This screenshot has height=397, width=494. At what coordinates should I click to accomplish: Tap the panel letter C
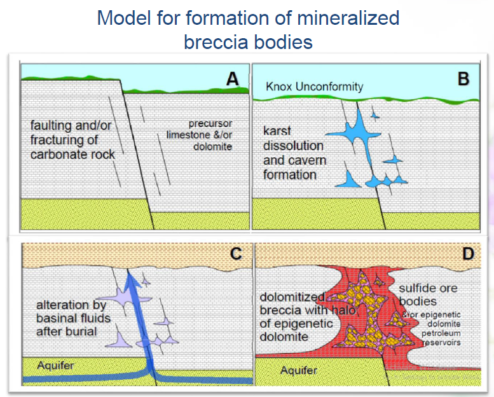pyautogui.click(x=235, y=254)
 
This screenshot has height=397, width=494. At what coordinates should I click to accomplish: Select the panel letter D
pyautogui.click(x=469, y=254)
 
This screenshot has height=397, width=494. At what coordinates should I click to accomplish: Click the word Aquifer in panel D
pyautogui.click(x=298, y=370)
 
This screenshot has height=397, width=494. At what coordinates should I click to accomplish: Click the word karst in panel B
pyautogui.click(x=278, y=131)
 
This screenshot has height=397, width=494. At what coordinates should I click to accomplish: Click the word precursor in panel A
pyautogui.click(x=211, y=123)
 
